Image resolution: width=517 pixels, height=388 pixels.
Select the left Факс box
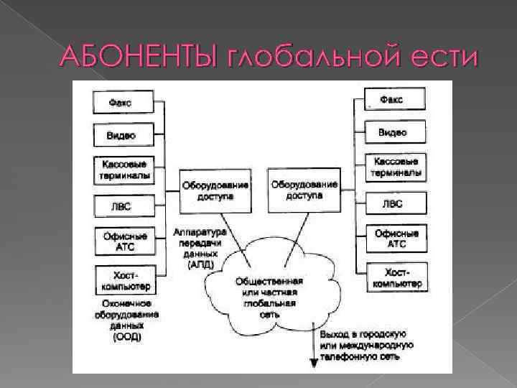[x=124, y=102]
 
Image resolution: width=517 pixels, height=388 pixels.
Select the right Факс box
[x=394, y=99]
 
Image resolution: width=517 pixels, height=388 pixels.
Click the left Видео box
[x=123, y=134]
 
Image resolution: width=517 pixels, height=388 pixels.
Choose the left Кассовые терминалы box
[x=123, y=169]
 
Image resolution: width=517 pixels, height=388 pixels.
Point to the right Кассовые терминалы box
[x=394, y=167]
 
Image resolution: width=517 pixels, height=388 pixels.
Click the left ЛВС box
[x=123, y=206]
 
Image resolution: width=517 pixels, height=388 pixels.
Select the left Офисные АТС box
[x=123, y=241]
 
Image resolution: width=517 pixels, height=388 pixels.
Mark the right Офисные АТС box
[x=394, y=239]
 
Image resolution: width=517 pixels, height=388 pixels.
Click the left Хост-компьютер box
[x=123, y=280]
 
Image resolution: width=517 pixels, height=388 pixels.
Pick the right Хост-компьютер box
[x=394, y=277]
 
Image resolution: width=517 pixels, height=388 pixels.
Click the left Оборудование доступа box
[x=215, y=190]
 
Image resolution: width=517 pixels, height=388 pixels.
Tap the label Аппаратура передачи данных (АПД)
[x=198, y=248]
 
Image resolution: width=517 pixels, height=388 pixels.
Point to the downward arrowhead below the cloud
[x=314, y=362]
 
